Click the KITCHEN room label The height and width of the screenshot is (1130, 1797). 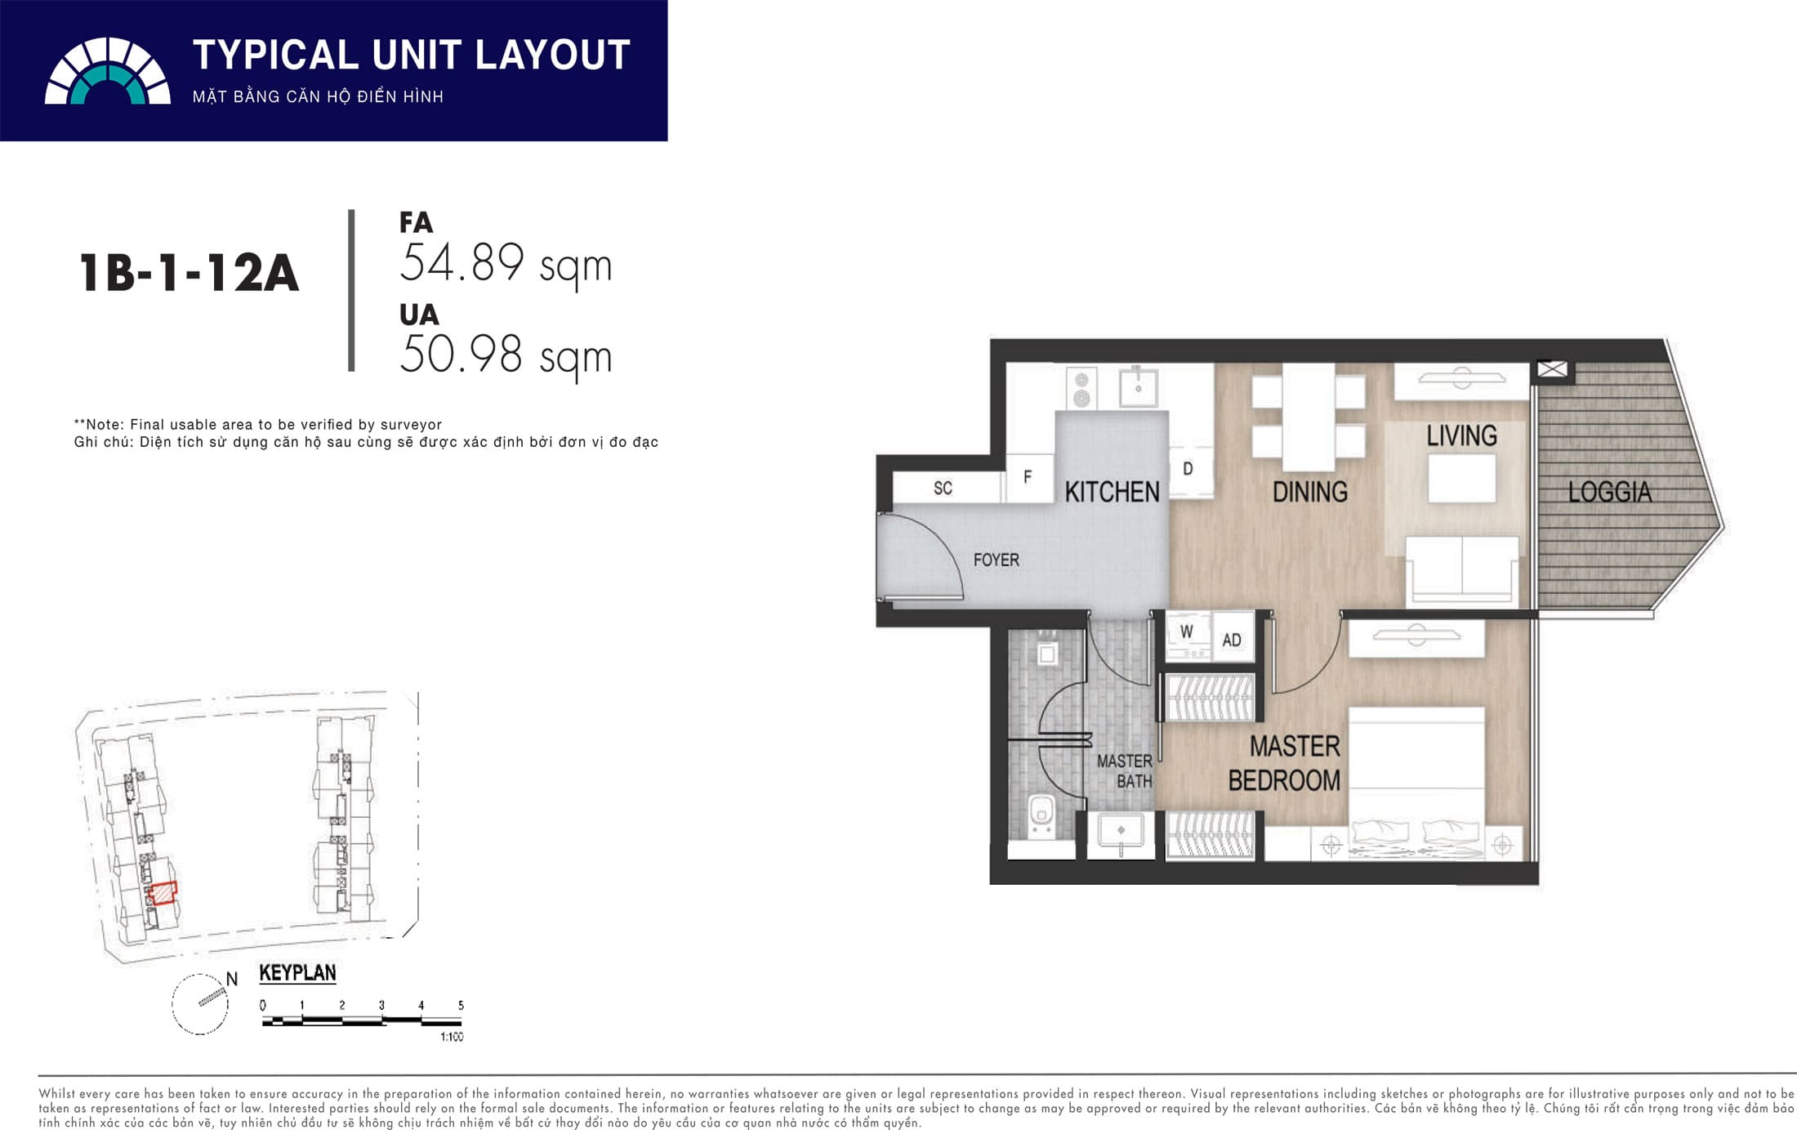pyautogui.click(x=1112, y=492)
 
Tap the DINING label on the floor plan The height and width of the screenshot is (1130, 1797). pyautogui.click(x=1310, y=492)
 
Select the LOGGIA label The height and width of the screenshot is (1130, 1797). pyautogui.click(x=1609, y=492)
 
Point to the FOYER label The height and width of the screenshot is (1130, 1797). pyautogui.click(x=996, y=560)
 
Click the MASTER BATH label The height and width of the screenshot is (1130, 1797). pyautogui.click(x=1125, y=771)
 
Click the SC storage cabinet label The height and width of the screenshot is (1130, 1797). pyautogui.click(x=943, y=488)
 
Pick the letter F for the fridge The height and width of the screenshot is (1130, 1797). pyautogui.click(x=1028, y=476)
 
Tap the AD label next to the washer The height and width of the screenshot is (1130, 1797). pyautogui.click(x=1232, y=641)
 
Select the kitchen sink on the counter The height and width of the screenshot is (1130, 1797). pyautogui.click(x=1138, y=386)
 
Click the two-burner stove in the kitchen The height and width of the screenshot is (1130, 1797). pyautogui.click(x=1081, y=389)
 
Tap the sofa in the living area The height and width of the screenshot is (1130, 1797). pyautogui.click(x=1462, y=570)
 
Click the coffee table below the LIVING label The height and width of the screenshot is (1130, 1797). pyautogui.click(x=1462, y=478)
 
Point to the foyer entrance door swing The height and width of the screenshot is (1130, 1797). pyautogui.click(x=923, y=556)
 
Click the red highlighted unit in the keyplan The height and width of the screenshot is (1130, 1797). pyautogui.click(x=163, y=893)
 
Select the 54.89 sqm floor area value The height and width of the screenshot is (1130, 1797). pyautogui.click(x=506, y=265)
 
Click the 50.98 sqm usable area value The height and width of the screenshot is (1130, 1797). pyautogui.click(x=506, y=356)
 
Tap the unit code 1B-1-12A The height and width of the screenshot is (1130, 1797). pyautogui.click(x=190, y=272)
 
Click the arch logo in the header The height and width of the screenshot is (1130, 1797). pyautogui.click(x=108, y=71)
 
